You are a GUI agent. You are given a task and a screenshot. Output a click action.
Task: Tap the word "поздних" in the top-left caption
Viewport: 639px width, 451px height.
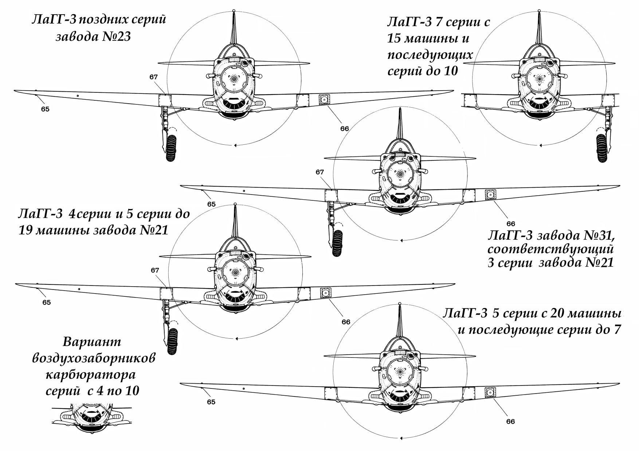click(x=103, y=20)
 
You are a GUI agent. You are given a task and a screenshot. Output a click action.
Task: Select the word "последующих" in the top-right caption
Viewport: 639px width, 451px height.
click(x=430, y=55)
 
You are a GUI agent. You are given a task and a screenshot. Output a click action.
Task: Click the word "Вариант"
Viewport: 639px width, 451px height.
click(x=92, y=342)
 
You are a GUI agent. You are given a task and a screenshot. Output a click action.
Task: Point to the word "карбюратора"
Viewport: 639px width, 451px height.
click(x=90, y=375)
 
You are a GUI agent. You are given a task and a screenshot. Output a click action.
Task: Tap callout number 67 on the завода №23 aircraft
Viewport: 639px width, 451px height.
click(x=153, y=77)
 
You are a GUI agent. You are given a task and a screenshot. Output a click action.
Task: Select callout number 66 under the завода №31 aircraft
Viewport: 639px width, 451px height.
click(x=511, y=224)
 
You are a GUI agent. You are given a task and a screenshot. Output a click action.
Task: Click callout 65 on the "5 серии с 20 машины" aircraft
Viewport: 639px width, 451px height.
click(x=211, y=402)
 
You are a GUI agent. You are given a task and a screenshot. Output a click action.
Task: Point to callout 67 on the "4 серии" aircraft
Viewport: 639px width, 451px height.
click(x=155, y=270)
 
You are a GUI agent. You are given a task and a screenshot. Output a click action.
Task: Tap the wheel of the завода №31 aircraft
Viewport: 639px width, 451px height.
click(x=337, y=243)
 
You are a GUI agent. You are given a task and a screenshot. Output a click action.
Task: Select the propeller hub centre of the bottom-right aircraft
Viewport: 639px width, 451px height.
click(x=400, y=372)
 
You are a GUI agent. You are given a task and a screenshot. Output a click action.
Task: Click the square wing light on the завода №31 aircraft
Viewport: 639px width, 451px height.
click(x=490, y=195)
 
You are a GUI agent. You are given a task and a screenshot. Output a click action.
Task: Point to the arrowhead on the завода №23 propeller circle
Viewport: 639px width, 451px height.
click(x=235, y=145)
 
